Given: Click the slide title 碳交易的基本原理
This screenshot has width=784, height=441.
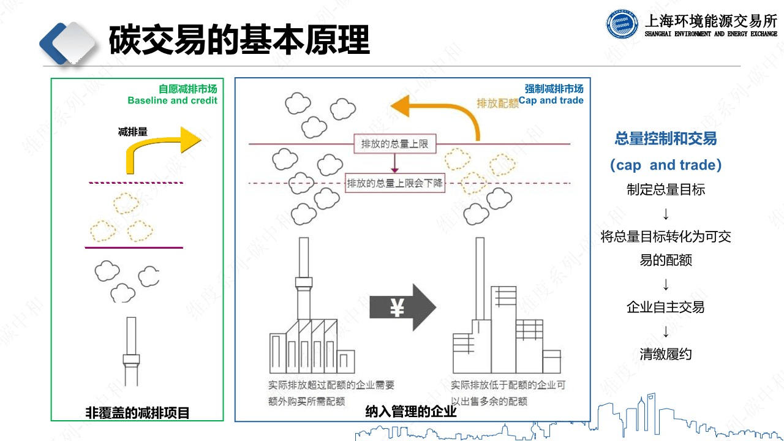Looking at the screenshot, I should click(x=239, y=40).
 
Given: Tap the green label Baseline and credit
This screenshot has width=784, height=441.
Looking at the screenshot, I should click(x=172, y=100).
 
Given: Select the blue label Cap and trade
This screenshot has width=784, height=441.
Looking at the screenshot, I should click(x=551, y=100).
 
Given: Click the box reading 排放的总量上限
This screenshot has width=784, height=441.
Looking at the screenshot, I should click(x=395, y=145).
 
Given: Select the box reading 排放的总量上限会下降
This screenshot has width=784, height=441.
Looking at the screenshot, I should click(x=395, y=183).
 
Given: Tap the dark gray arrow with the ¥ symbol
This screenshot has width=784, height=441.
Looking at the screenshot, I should click(x=402, y=308).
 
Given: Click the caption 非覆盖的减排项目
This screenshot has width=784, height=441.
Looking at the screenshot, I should click(x=137, y=413).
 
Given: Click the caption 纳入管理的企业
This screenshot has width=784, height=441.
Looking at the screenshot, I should click(x=411, y=412).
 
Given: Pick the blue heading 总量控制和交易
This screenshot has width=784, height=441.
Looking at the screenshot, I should click(x=666, y=139).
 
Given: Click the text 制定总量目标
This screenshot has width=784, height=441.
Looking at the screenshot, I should click(x=666, y=190).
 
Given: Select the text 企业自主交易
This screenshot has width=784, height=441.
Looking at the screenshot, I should click(x=666, y=307).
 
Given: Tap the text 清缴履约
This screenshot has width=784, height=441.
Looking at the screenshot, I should click(x=666, y=354).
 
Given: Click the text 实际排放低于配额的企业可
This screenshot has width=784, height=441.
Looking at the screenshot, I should click(x=508, y=385).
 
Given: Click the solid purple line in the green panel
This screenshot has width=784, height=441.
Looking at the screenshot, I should click(x=134, y=247).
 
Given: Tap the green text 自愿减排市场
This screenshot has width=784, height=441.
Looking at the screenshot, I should click(x=187, y=89).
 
